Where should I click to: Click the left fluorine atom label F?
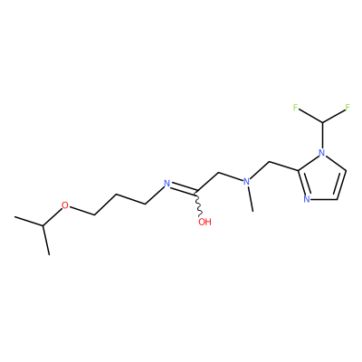[x=296, y=107]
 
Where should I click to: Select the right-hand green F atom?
[x=348, y=107]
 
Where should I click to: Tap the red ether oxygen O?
[x=65, y=205]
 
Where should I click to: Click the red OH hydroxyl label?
[x=205, y=223]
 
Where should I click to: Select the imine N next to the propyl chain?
[x=167, y=183]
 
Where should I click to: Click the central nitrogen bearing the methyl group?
[x=247, y=182]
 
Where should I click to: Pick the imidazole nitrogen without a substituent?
[x=307, y=199]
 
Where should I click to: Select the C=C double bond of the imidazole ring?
[x=340, y=185]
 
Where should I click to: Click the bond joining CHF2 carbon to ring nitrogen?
[x=322, y=135]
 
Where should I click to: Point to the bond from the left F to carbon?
[x=310, y=116]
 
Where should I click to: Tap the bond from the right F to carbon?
[x=334, y=116]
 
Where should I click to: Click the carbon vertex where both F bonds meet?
[x=322, y=122]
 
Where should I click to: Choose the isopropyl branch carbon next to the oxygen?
[x=43, y=225]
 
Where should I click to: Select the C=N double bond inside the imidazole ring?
[x=302, y=183]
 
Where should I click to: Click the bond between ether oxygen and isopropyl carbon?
[x=52, y=216]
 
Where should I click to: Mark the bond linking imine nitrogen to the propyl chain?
[x=155, y=195]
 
